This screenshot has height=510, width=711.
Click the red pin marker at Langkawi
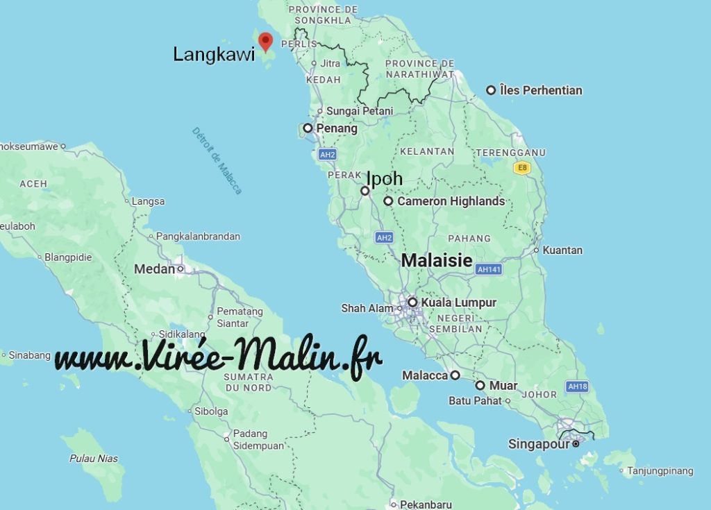(x=265, y=41)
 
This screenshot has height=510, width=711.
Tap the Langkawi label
(x=214, y=55)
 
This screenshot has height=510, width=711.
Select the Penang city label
(x=337, y=128)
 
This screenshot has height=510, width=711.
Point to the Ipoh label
(x=384, y=178)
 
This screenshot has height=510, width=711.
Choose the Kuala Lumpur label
(x=458, y=303)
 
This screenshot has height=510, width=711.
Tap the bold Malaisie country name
(x=437, y=261)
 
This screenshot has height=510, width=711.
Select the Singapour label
(x=539, y=444)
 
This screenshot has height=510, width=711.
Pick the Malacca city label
(x=425, y=375)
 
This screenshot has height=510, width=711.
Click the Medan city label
(x=154, y=269)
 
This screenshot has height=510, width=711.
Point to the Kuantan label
(x=562, y=250)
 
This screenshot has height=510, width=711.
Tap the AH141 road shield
(x=489, y=269)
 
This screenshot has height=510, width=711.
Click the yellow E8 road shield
(x=521, y=168)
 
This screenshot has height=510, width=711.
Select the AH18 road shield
(x=577, y=386)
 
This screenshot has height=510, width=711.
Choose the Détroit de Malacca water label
(x=217, y=160)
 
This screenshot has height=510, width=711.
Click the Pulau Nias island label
(x=94, y=459)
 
